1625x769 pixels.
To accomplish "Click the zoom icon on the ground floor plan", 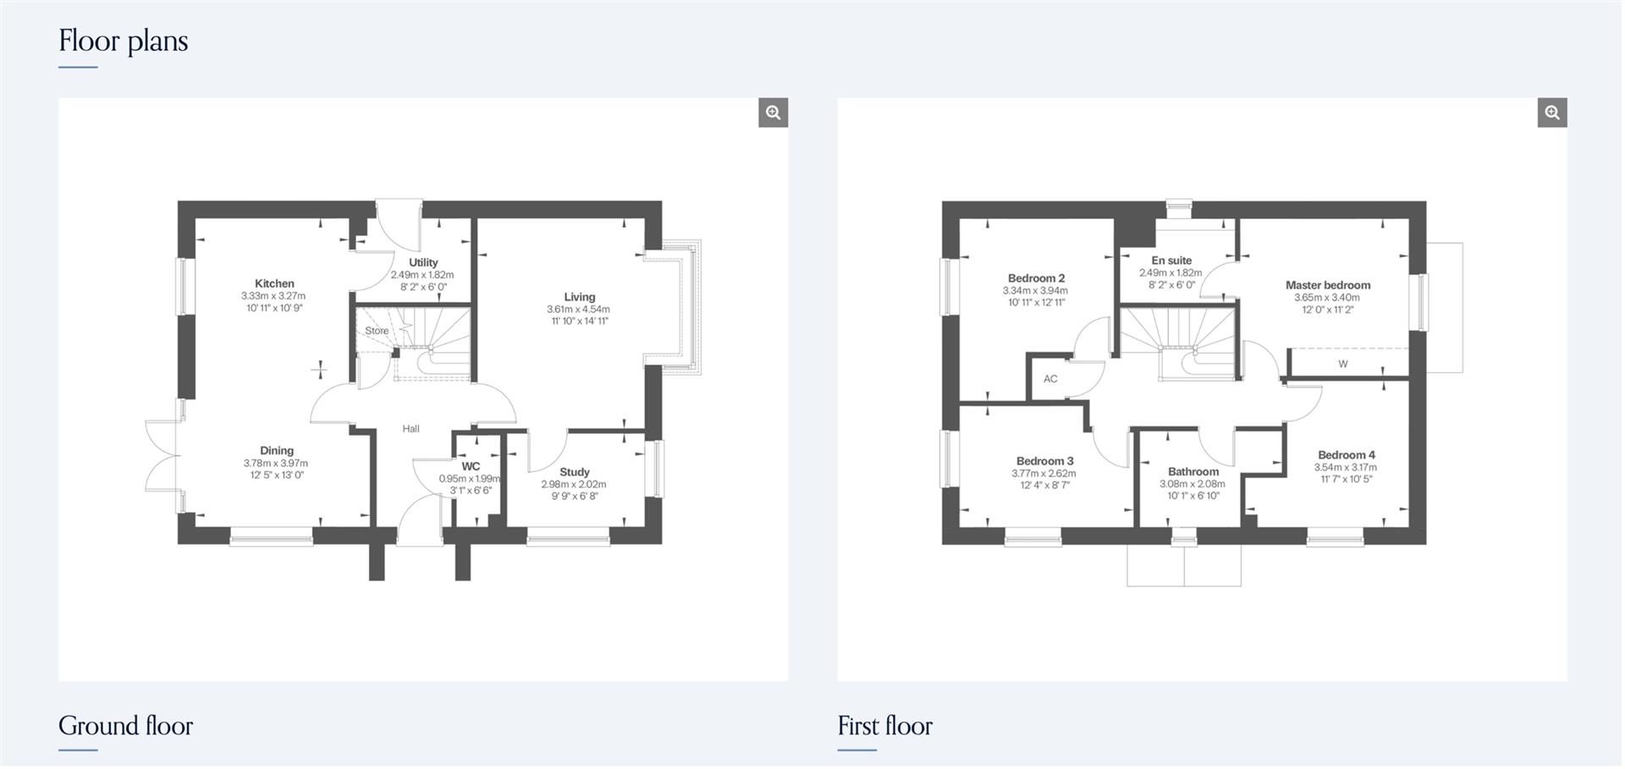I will [x=773, y=113].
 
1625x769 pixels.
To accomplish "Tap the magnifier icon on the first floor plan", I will [x=1551, y=113].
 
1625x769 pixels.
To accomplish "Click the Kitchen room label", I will [x=274, y=284].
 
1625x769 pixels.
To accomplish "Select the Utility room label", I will [x=423, y=263].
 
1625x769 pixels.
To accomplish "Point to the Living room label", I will [x=580, y=297].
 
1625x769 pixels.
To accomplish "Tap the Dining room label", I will [x=277, y=451].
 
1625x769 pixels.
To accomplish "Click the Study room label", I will [x=575, y=472].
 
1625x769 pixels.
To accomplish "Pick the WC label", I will [x=471, y=466].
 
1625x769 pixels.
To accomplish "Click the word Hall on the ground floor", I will [x=410, y=429].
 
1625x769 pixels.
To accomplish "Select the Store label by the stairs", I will [x=377, y=331].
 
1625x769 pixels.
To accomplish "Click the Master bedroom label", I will [x=1327, y=285].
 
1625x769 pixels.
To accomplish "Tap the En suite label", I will [x=1171, y=261].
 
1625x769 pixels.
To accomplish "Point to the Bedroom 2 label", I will [x=1036, y=278].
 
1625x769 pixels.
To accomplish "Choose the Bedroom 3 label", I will [x=1044, y=461].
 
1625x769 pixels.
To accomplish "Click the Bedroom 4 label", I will [x=1346, y=455].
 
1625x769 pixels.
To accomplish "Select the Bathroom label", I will [x=1193, y=472].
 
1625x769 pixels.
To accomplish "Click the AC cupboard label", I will [x=1050, y=379].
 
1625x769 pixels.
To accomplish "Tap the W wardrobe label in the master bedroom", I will [x=1343, y=364].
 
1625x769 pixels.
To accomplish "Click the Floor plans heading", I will [x=124, y=41].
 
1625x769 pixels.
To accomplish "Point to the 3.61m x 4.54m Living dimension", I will [x=578, y=310].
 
